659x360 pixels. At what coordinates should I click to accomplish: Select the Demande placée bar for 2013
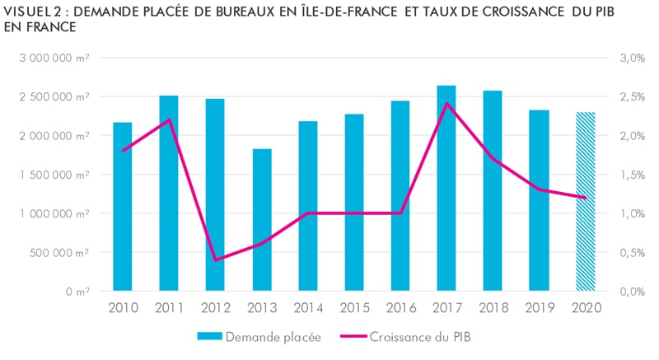[x=262, y=220]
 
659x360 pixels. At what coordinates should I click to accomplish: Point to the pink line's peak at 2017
[x=446, y=104]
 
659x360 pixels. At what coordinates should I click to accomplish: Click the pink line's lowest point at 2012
[x=216, y=260]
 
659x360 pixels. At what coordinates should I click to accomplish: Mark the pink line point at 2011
[x=169, y=120]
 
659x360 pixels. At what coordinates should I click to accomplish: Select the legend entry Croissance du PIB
[x=421, y=336]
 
